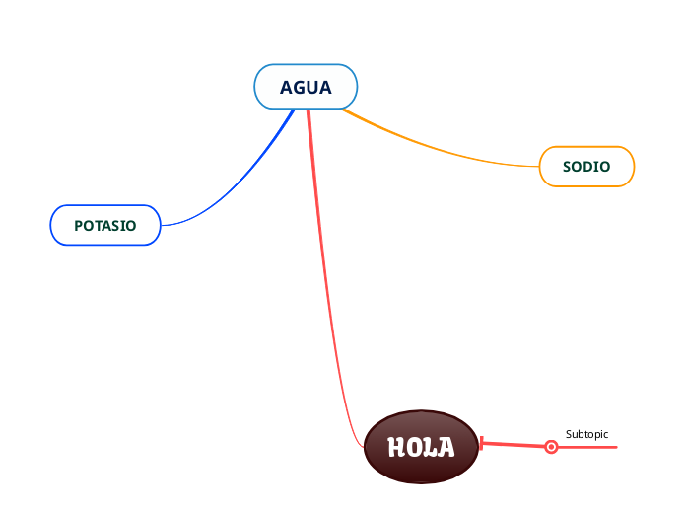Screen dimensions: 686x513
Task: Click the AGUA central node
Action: pyautogui.click(x=306, y=87)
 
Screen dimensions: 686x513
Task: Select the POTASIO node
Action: pyautogui.click(x=104, y=225)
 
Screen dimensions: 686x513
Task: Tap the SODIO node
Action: pyautogui.click(x=586, y=166)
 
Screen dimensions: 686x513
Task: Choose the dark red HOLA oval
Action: pyautogui.click(x=421, y=447)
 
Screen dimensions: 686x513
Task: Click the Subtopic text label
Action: pyautogui.click(x=586, y=434)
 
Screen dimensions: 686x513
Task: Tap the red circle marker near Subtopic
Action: pyautogui.click(x=552, y=447)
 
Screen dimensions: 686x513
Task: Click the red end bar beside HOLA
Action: pyautogui.click(x=480, y=444)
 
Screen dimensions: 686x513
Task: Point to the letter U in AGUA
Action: pyautogui.click(x=311, y=88)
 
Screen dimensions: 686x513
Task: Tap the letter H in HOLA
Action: pyautogui.click(x=396, y=448)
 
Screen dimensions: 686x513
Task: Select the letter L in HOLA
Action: pyautogui.click(x=430, y=448)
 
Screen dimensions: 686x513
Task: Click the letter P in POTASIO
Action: pyautogui.click(x=79, y=226)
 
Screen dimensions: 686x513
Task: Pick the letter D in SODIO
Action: pyautogui.click(x=590, y=167)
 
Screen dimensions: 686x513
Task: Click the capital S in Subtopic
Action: pyautogui.click(x=569, y=434)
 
